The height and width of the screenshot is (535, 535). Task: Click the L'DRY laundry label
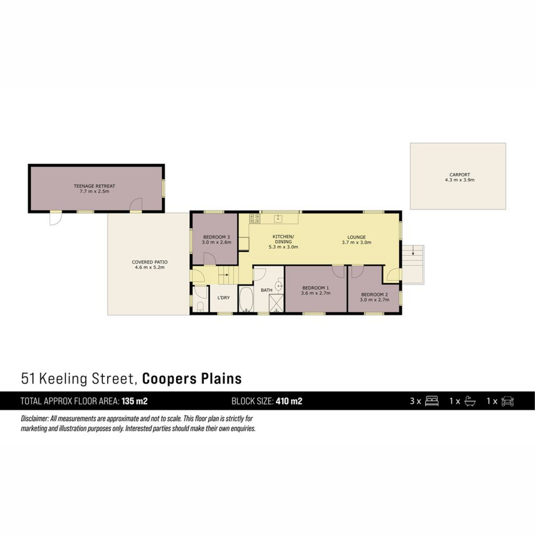[223, 297]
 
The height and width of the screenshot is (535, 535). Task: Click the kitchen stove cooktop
[255, 218]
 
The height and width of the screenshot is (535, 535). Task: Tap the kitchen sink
[279, 218]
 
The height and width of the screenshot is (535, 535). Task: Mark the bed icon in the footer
[432, 401]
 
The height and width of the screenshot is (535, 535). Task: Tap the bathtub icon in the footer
[470, 401]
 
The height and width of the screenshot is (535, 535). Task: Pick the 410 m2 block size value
[289, 401]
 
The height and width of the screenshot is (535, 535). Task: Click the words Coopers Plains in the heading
[192, 379]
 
